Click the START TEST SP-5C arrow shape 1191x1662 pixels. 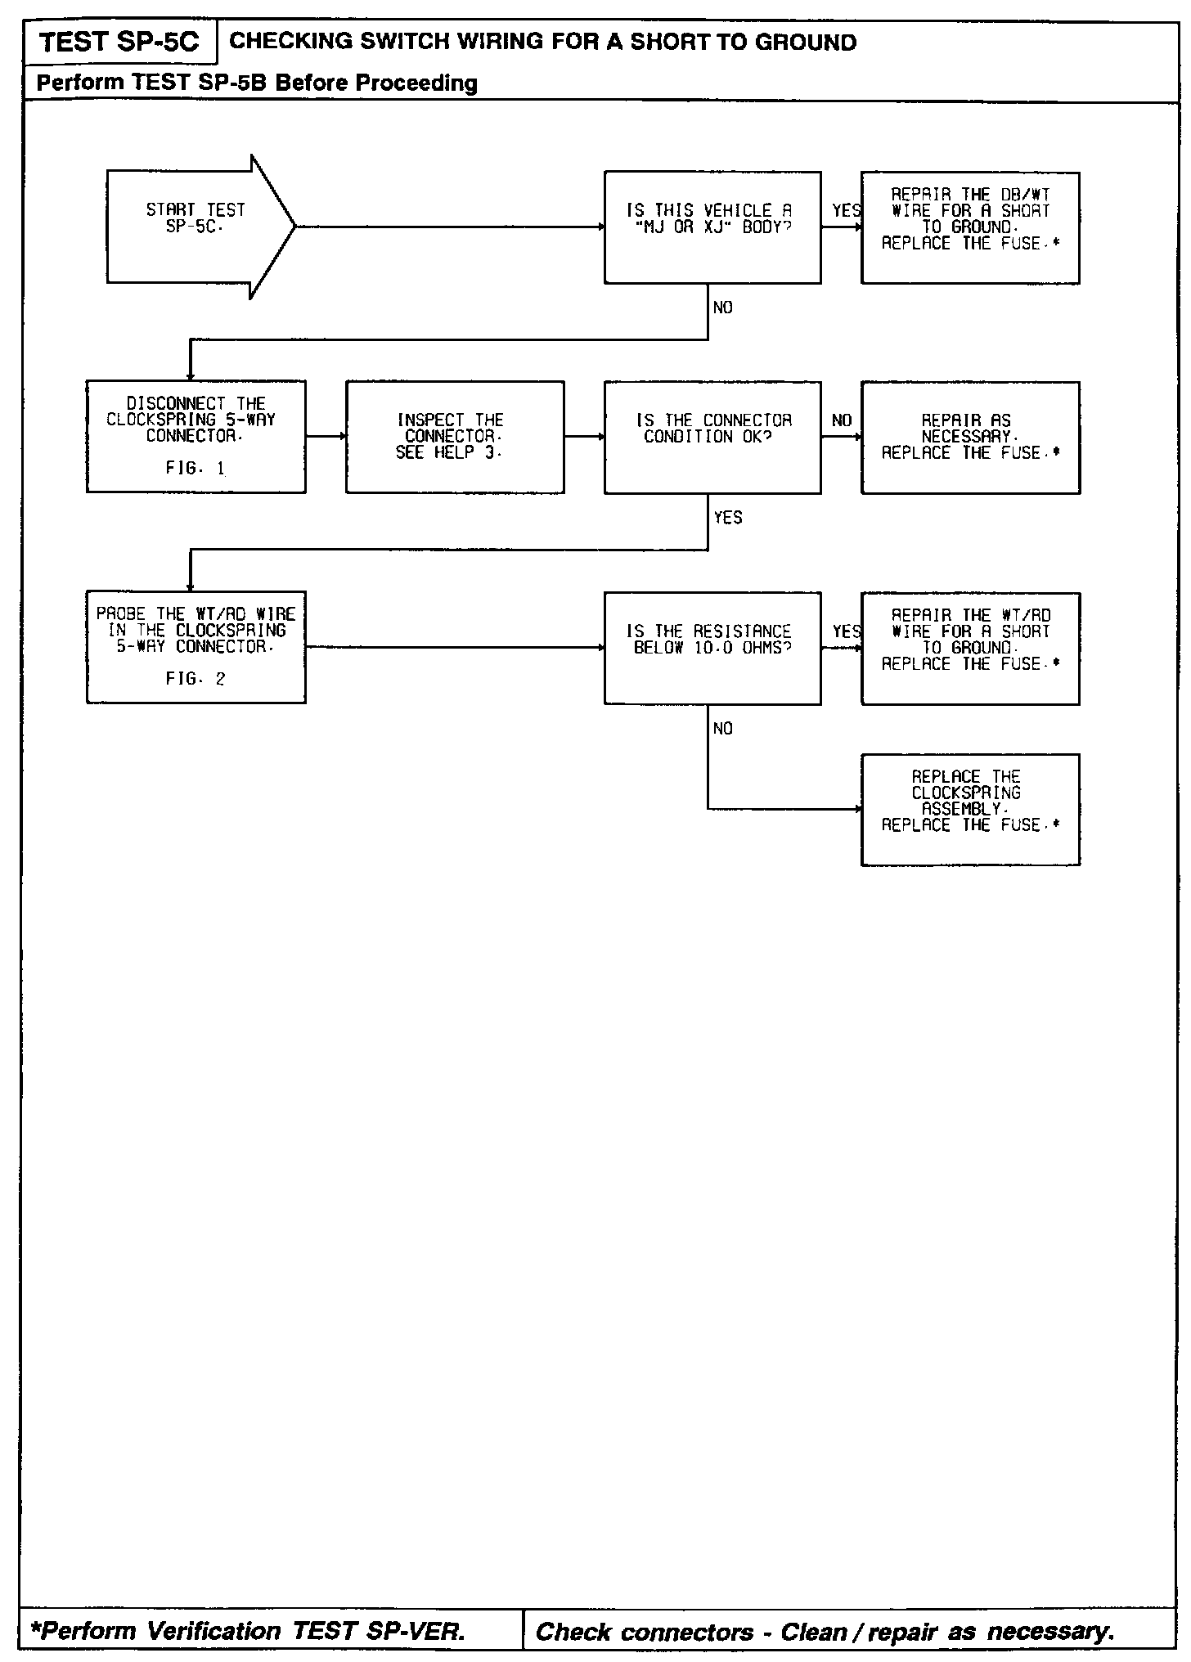[x=196, y=227]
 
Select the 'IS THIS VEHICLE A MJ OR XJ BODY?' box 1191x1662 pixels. [x=712, y=227]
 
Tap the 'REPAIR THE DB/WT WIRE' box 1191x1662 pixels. [x=970, y=227]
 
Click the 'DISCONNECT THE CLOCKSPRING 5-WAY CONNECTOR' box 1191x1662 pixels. [x=196, y=436]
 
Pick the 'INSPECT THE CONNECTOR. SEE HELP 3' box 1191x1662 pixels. [x=454, y=437]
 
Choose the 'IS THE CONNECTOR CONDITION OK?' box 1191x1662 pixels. [x=712, y=437]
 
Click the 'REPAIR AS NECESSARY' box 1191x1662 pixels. [x=970, y=437]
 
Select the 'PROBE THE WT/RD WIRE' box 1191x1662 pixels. [x=196, y=646]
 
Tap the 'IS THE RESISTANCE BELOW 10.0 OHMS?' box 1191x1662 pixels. [x=712, y=648]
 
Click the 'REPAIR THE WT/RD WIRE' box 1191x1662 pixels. [x=970, y=648]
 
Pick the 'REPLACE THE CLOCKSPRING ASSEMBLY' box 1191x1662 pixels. [x=970, y=809]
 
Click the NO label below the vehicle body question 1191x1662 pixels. [x=723, y=308]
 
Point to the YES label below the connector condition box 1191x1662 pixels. [x=728, y=518]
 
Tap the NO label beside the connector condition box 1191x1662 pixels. [x=842, y=420]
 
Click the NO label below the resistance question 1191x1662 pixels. [x=723, y=729]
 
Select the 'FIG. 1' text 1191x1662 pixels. [x=196, y=469]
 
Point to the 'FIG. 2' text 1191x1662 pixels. [x=196, y=679]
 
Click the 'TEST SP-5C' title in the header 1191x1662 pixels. [x=119, y=43]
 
